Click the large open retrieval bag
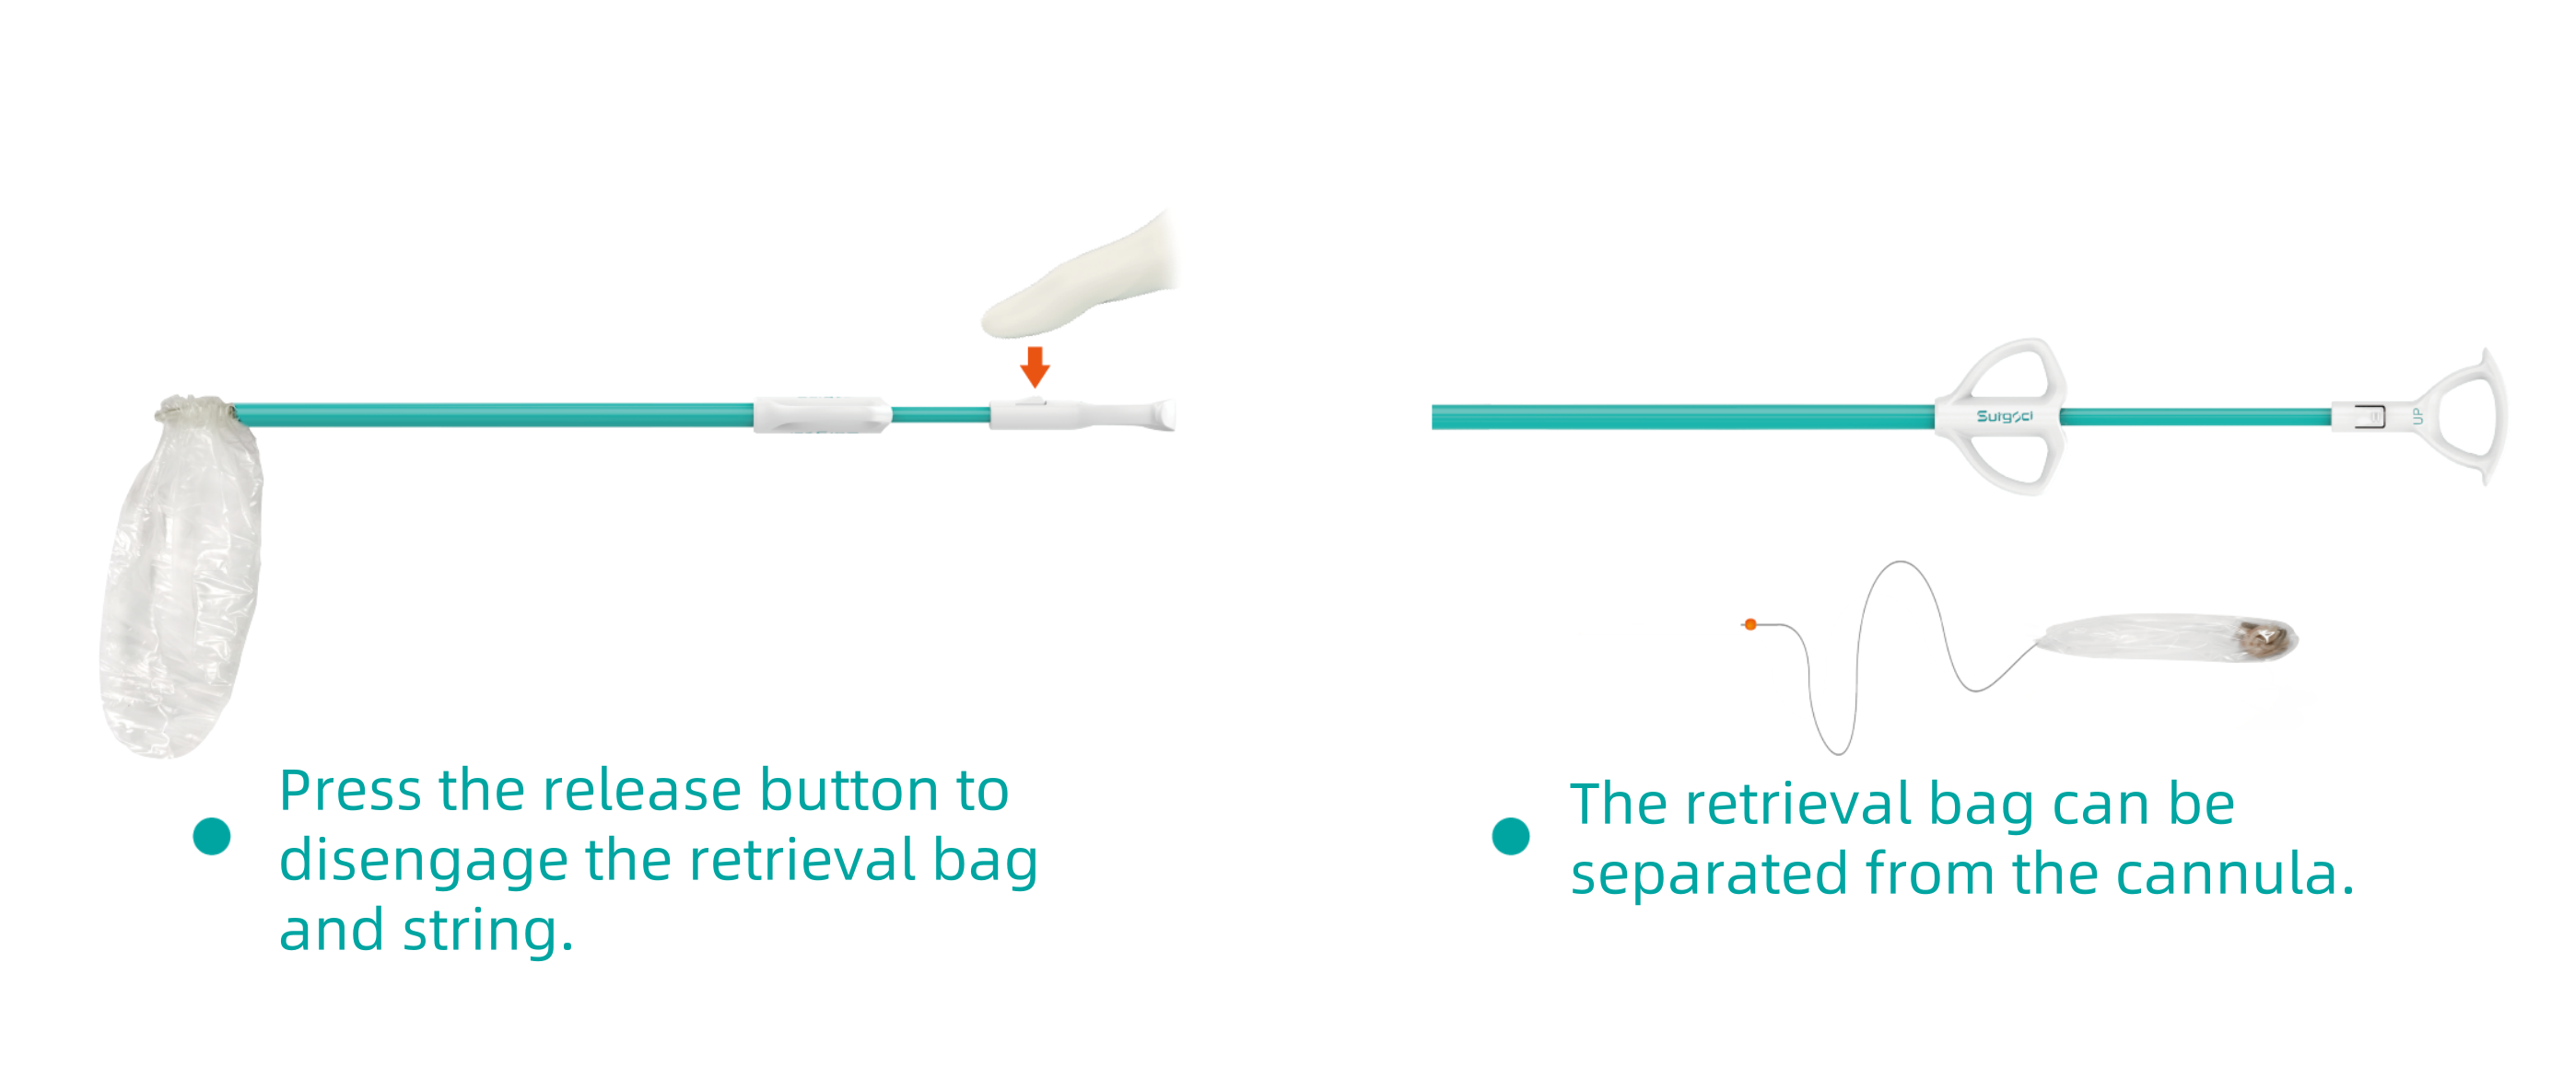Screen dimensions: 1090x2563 point(179,586)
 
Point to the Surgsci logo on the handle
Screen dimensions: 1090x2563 point(2004,416)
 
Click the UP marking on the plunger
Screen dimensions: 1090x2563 point(2417,416)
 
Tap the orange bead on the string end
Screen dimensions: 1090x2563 point(1750,624)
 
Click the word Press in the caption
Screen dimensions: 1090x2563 point(350,792)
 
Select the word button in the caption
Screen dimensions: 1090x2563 point(848,792)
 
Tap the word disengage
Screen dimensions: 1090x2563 point(423,862)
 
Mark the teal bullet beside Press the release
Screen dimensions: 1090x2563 point(212,837)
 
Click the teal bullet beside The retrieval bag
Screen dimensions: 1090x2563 point(1510,837)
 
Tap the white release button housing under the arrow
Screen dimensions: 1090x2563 point(1035,413)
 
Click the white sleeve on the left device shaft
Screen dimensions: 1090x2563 point(822,414)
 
